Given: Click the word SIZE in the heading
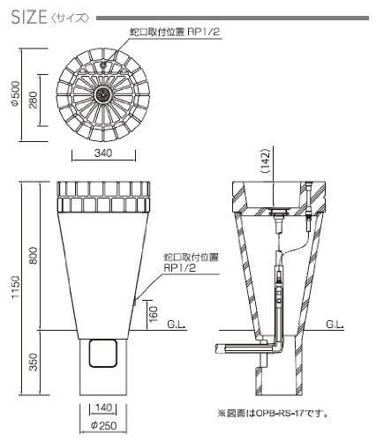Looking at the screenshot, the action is coord(29,17).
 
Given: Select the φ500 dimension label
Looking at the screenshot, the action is coord(15,93).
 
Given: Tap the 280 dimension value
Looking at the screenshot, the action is coord(34,100).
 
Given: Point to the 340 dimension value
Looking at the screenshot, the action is coord(103,153).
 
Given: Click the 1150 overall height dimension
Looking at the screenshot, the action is coord(15,287).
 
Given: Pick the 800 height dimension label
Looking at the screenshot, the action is coord(34,255).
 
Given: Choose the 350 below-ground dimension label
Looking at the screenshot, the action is coord(34,362).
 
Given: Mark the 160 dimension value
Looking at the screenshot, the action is coord(154,314).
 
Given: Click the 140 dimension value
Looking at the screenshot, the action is coord(103,407).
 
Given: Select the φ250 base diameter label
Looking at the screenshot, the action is coord(103,425).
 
